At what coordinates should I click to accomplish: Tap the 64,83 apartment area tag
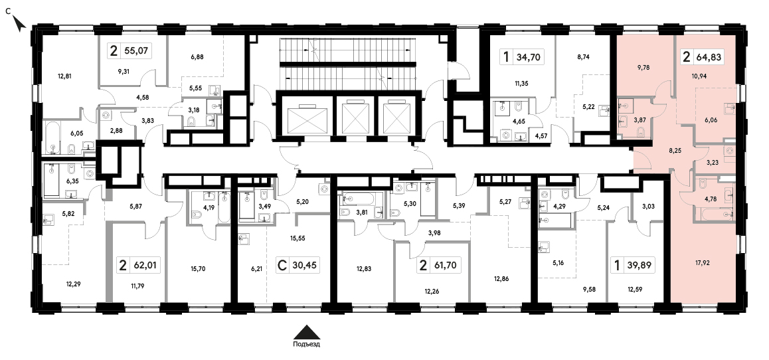(x=703, y=57)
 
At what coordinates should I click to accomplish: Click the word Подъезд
(x=307, y=344)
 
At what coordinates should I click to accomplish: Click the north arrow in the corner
(x=19, y=23)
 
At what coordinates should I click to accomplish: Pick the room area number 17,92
(x=703, y=262)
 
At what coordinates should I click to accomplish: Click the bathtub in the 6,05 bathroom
(x=53, y=137)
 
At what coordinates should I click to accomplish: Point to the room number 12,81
(x=64, y=76)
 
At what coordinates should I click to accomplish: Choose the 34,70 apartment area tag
(x=521, y=57)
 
